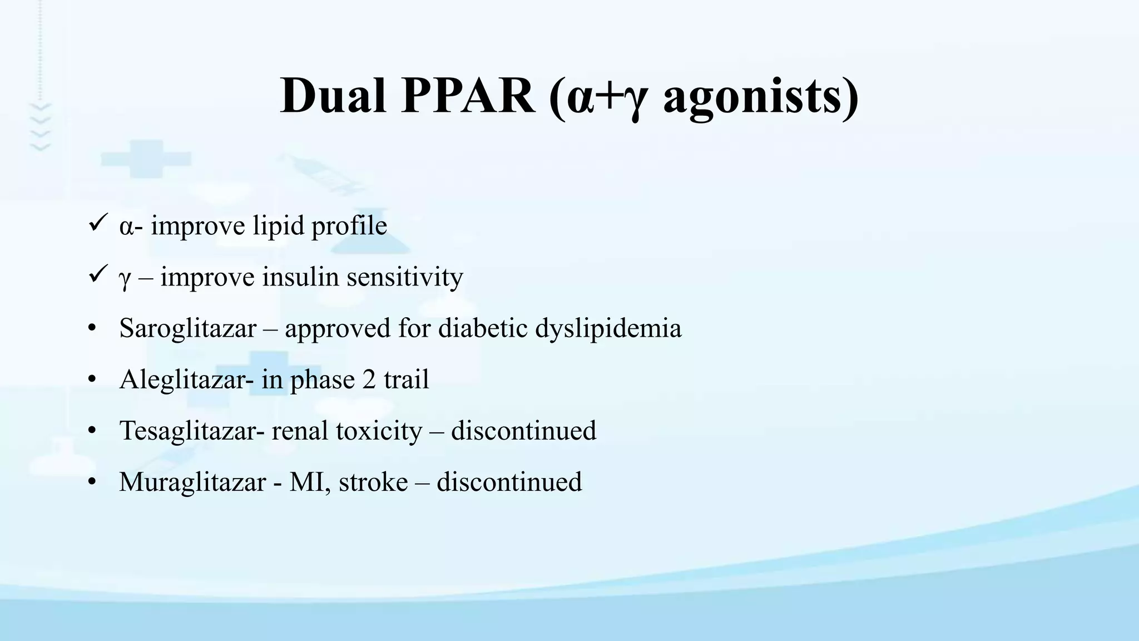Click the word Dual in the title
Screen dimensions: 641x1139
pyautogui.click(x=333, y=96)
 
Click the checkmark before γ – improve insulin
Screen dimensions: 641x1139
pyautogui.click(x=97, y=274)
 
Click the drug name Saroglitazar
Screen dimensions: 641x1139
pyautogui.click(x=187, y=328)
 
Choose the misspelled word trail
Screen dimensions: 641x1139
pyautogui.click(x=406, y=380)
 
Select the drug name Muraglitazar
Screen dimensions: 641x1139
pyautogui.click(x=192, y=482)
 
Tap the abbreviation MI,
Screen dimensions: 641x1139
pyautogui.click(x=310, y=482)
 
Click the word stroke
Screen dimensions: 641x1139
pyautogui.click(x=373, y=482)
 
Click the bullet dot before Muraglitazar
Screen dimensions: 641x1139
pyautogui.click(x=92, y=482)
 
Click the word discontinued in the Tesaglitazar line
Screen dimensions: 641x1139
pyautogui.click(x=523, y=431)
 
